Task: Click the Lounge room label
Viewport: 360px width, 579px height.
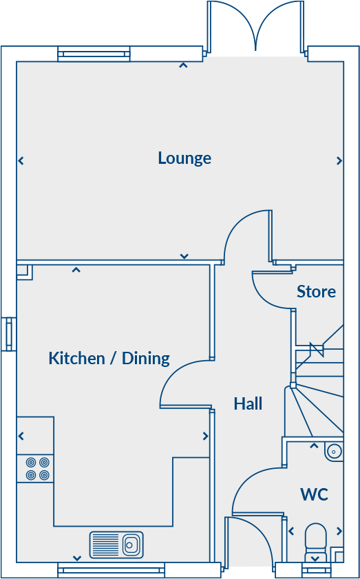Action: coord(184,158)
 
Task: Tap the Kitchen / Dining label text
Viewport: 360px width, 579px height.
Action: coord(109,358)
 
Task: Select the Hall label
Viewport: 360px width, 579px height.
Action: coord(248,403)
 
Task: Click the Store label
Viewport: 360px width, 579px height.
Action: coord(316,292)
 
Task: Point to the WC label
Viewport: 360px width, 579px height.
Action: coord(314,494)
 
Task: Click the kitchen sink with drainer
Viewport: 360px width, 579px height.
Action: coord(116,545)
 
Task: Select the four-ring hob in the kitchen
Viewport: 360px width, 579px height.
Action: coord(35,469)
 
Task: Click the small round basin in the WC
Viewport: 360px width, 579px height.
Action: coord(334,452)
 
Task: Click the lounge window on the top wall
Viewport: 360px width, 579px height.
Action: coord(94,54)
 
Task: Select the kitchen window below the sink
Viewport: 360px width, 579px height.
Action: coord(111,569)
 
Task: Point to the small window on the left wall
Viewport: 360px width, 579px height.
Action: coord(9,334)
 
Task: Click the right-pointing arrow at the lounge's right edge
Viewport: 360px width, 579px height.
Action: coord(339,161)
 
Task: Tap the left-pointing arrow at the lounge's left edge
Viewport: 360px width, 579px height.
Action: coord(21,161)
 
